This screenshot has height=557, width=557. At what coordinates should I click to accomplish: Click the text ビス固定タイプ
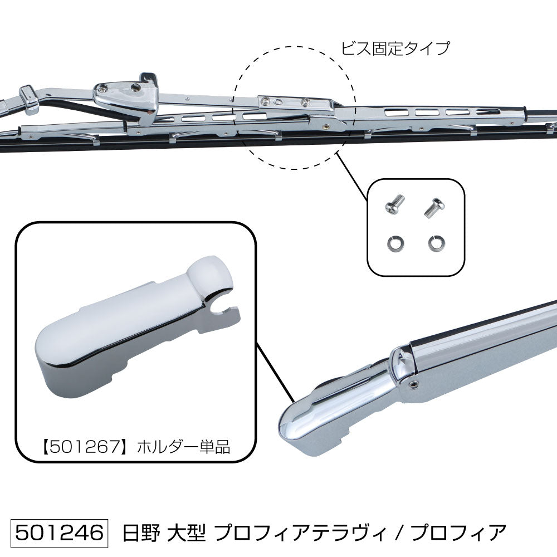coord(395,48)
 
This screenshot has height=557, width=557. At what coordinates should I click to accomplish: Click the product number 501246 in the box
coord(59,532)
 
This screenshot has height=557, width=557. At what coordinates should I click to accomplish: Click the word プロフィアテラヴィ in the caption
coord(300,533)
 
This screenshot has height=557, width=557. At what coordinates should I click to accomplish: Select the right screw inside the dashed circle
coord(305,102)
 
